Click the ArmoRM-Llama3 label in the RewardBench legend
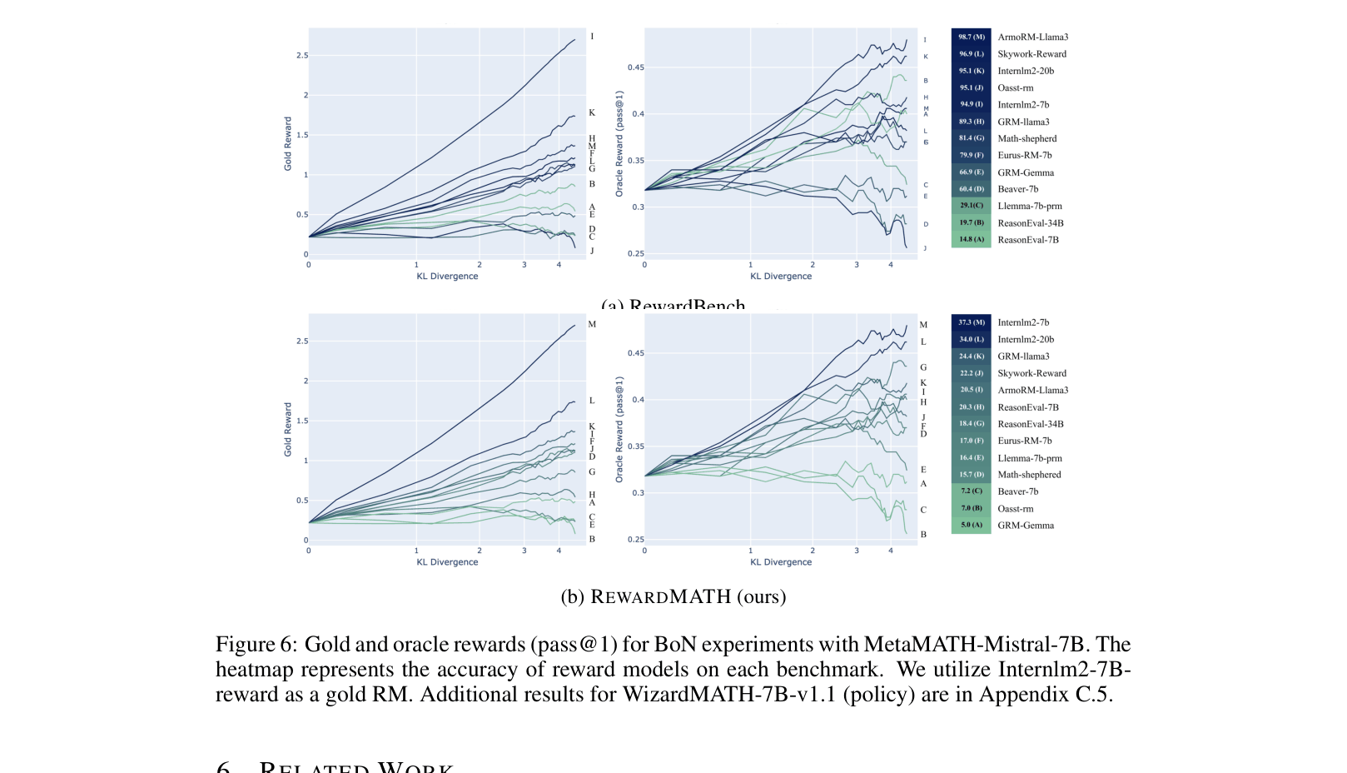tap(1032, 37)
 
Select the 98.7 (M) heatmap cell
tap(971, 37)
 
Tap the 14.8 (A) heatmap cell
tap(971, 239)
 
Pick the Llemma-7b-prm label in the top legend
tap(1030, 206)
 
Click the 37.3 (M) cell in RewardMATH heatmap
tap(971, 322)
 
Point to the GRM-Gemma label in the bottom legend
tap(1026, 526)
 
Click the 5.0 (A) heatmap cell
tap(971, 526)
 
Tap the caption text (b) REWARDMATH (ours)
tap(673, 596)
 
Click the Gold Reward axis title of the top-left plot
tap(288, 143)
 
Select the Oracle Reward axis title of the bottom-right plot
tap(619, 429)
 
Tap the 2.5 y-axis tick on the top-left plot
tap(301, 56)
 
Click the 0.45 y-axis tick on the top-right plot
tap(635, 67)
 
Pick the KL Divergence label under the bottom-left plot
tap(447, 562)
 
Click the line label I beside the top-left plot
tap(592, 37)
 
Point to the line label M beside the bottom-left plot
tap(592, 324)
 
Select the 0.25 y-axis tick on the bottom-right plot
tap(635, 540)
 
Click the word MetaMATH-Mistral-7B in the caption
tap(976, 645)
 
